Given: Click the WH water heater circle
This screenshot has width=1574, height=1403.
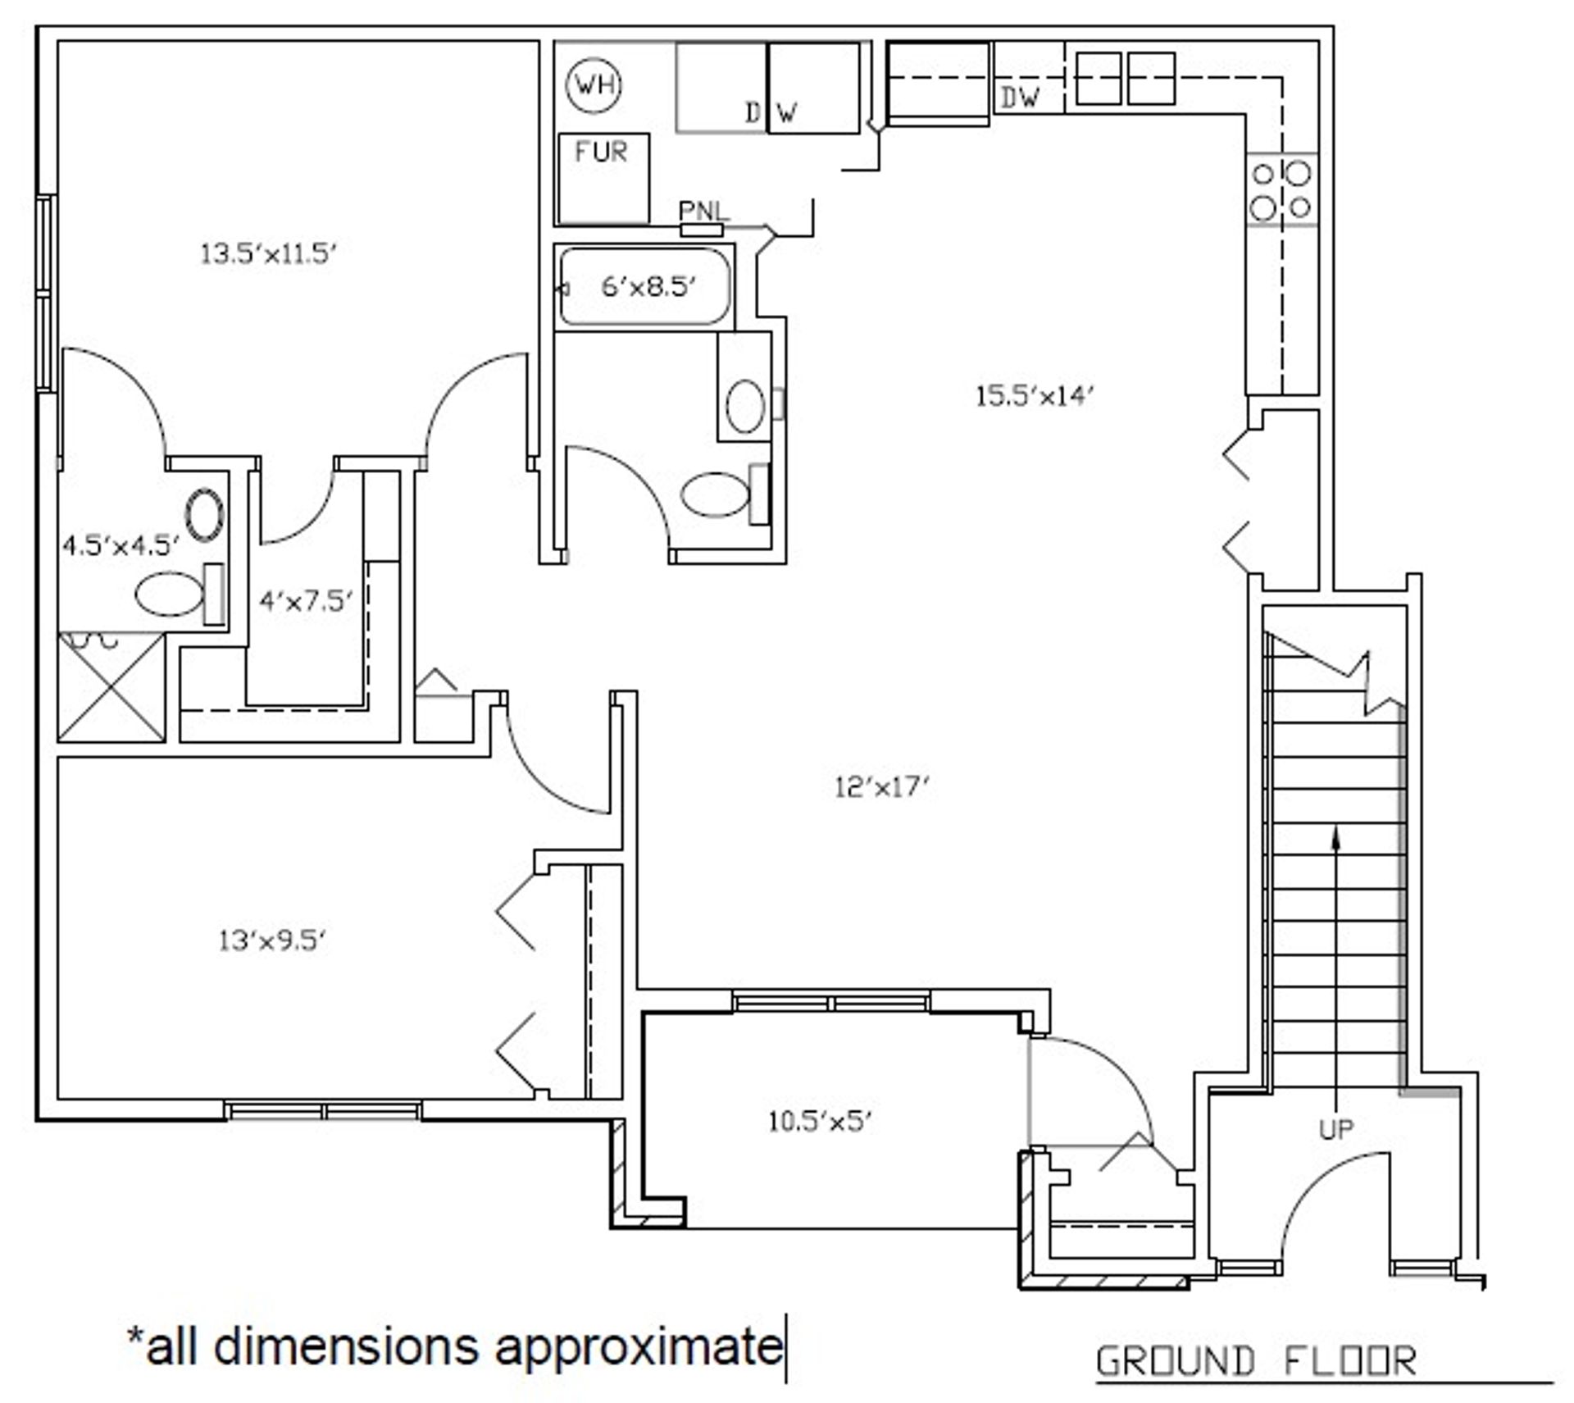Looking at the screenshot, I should (594, 84).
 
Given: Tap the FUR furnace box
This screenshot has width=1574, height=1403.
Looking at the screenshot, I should (603, 178).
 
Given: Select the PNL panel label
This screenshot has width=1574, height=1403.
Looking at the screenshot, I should (703, 212).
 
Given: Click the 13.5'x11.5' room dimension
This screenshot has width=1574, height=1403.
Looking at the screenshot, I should (269, 254).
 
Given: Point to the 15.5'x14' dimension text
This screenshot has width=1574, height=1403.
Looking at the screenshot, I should (1035, 397).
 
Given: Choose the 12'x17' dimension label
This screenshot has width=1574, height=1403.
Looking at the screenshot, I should (882, 788).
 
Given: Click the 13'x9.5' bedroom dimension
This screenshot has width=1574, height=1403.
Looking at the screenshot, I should (273, 941).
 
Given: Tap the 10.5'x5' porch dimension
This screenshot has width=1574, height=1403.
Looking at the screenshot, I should (819, 1121).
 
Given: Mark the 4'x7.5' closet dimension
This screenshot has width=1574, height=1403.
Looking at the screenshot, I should (306, 601).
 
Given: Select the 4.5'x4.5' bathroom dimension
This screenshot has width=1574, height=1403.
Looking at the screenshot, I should (121, 545).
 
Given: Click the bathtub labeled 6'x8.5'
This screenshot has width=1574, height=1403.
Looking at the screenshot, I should (644, 287).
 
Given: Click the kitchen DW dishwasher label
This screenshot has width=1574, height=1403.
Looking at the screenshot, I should (1020, 98).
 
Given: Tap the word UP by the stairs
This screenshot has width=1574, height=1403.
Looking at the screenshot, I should (1336, 1130).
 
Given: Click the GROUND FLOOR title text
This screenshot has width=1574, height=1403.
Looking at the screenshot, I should (1256, 1361).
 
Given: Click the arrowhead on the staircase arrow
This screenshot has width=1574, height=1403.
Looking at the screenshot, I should (1337, 836).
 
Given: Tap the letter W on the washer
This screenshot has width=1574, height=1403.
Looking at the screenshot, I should (786, 112).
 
